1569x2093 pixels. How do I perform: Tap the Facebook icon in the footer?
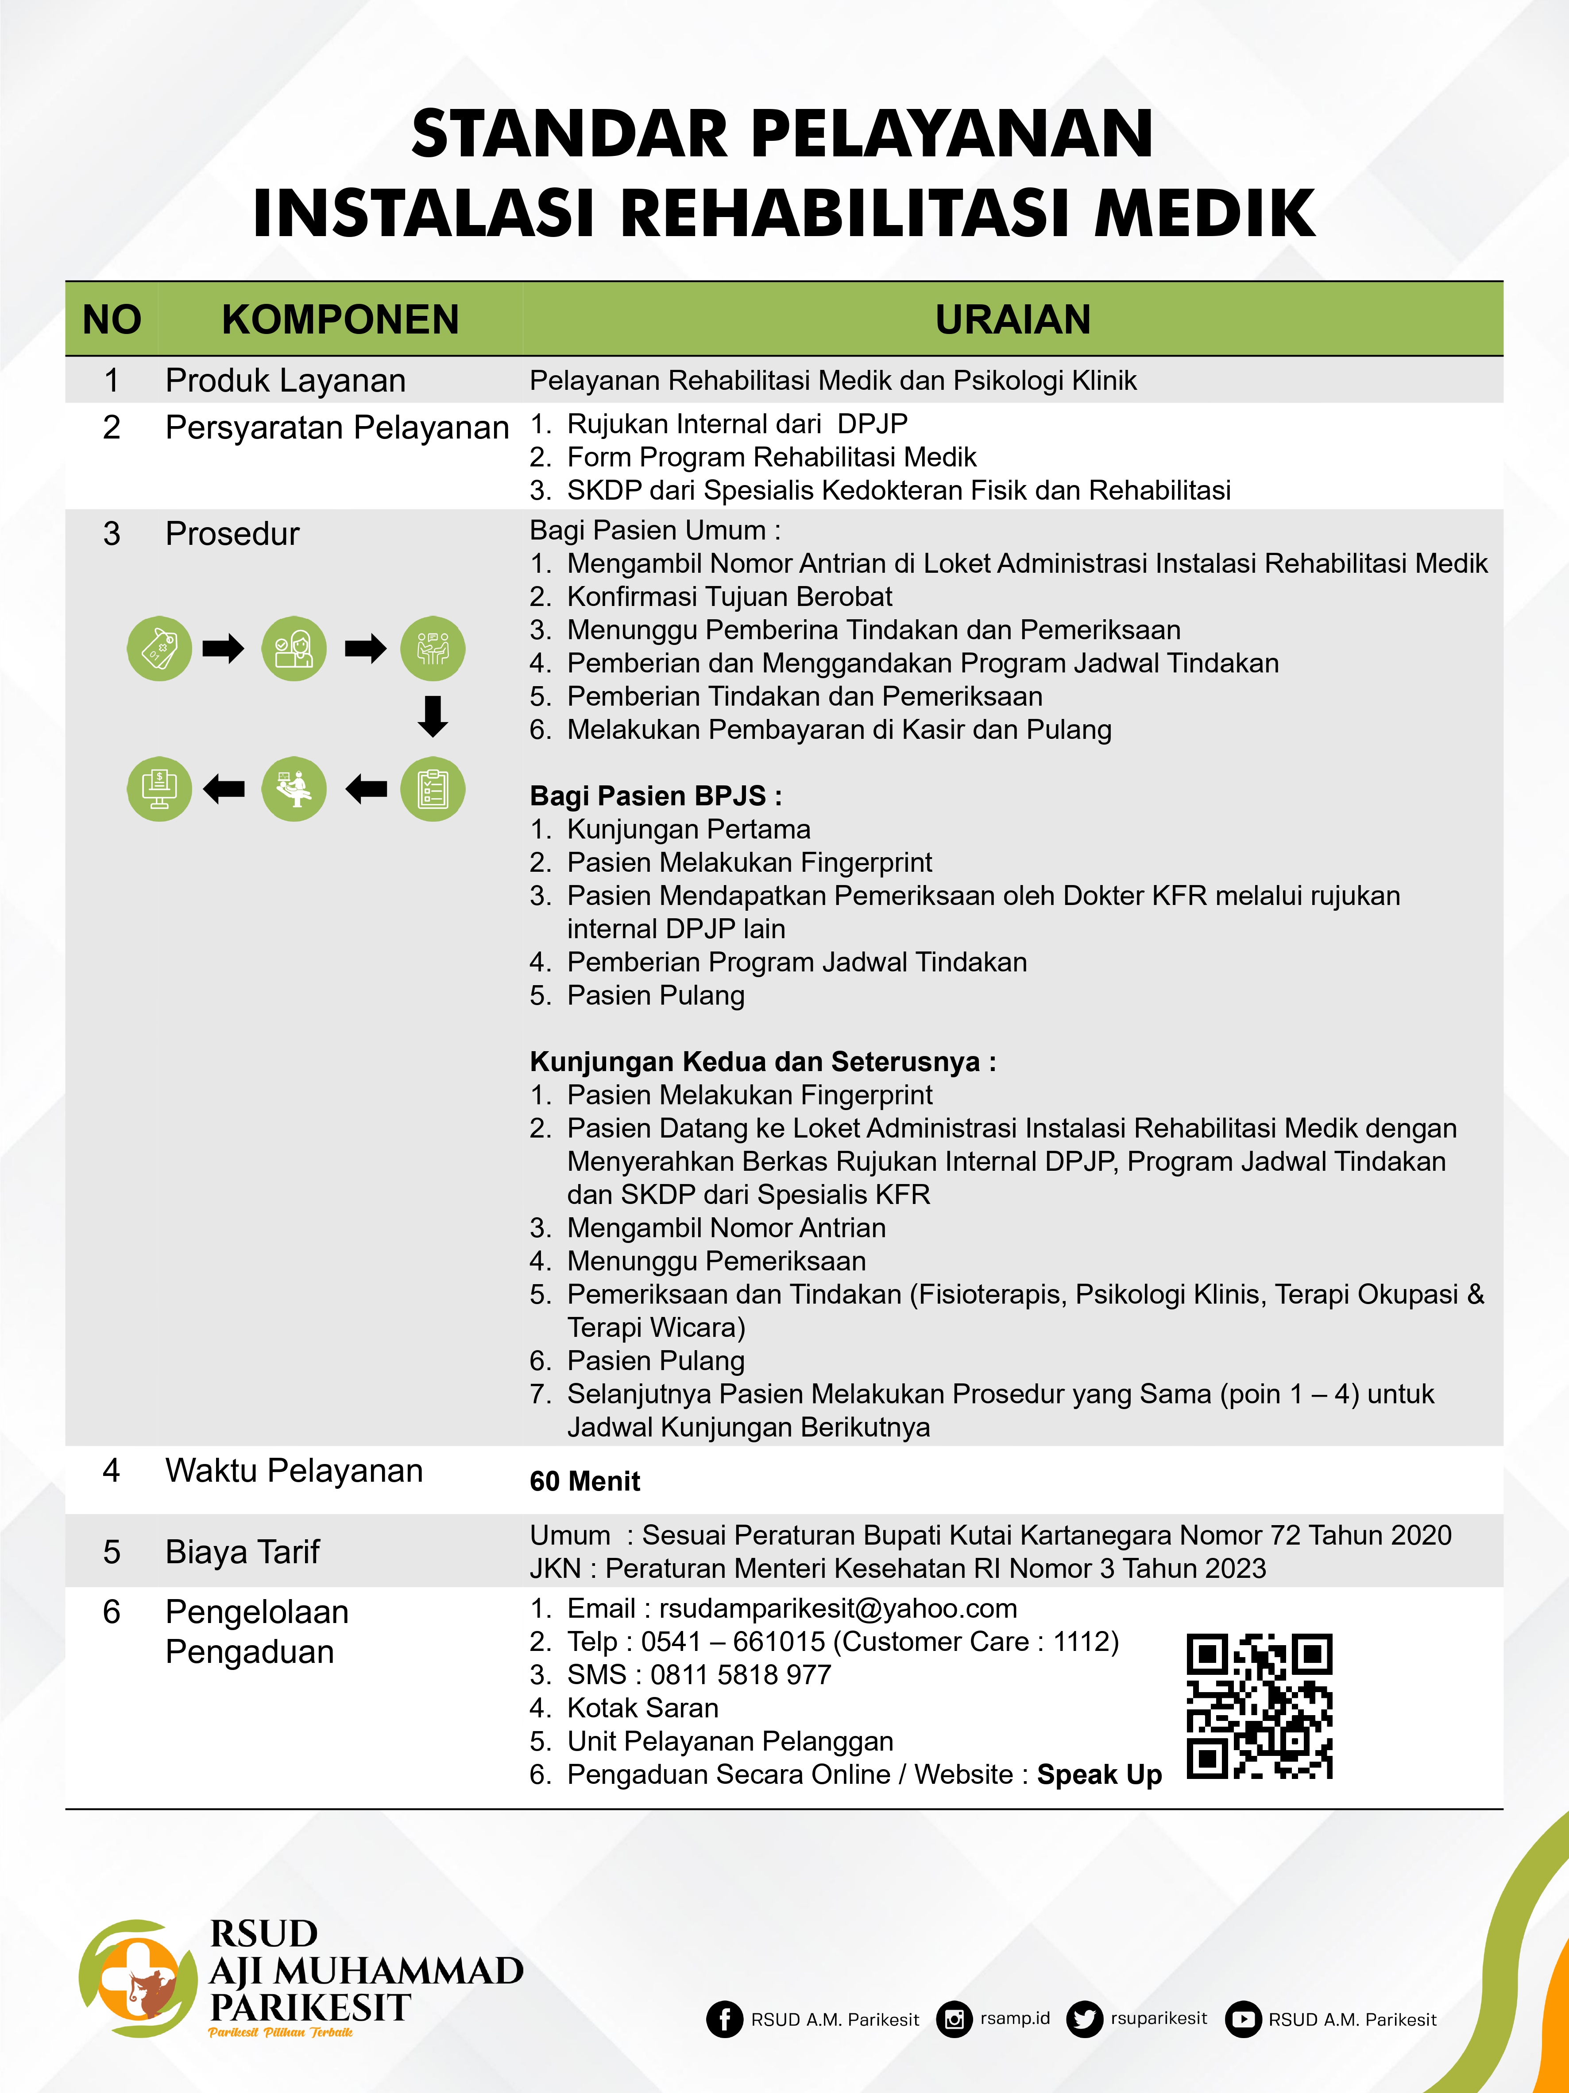point(724,2019)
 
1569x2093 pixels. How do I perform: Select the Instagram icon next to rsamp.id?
point(954,2019)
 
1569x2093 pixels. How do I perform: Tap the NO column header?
point(112,320)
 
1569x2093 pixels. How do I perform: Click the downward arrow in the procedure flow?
point(433,716)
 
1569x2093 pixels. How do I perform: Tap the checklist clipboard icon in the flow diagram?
point(433,789)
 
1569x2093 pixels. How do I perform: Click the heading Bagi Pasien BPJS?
point(655,796)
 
